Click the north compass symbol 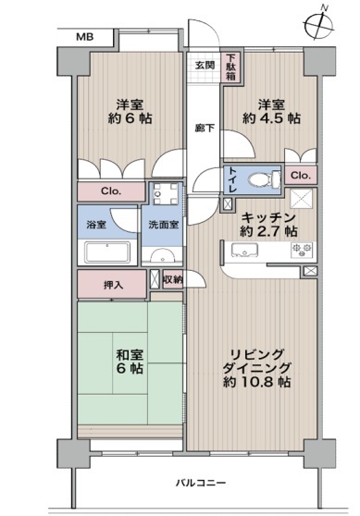(319, 25)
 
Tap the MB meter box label (84, 37)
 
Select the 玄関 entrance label (205, 65)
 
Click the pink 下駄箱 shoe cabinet (231, 68)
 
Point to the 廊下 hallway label (205, 128)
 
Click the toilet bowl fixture (264, 180)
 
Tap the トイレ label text (232, 179)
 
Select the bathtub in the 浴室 (107, 252)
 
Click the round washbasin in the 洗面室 (162, 255)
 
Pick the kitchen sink (244, 251)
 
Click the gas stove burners (302, 250)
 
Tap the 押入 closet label (113, 285)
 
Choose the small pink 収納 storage (173, 279)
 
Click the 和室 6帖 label (130, 362)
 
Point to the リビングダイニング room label (257, 361)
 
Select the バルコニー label (201, 483)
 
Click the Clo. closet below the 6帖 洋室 (111, 191)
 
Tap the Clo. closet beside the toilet (301, 176)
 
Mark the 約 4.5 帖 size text (271, 118)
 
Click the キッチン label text (268, 217)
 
